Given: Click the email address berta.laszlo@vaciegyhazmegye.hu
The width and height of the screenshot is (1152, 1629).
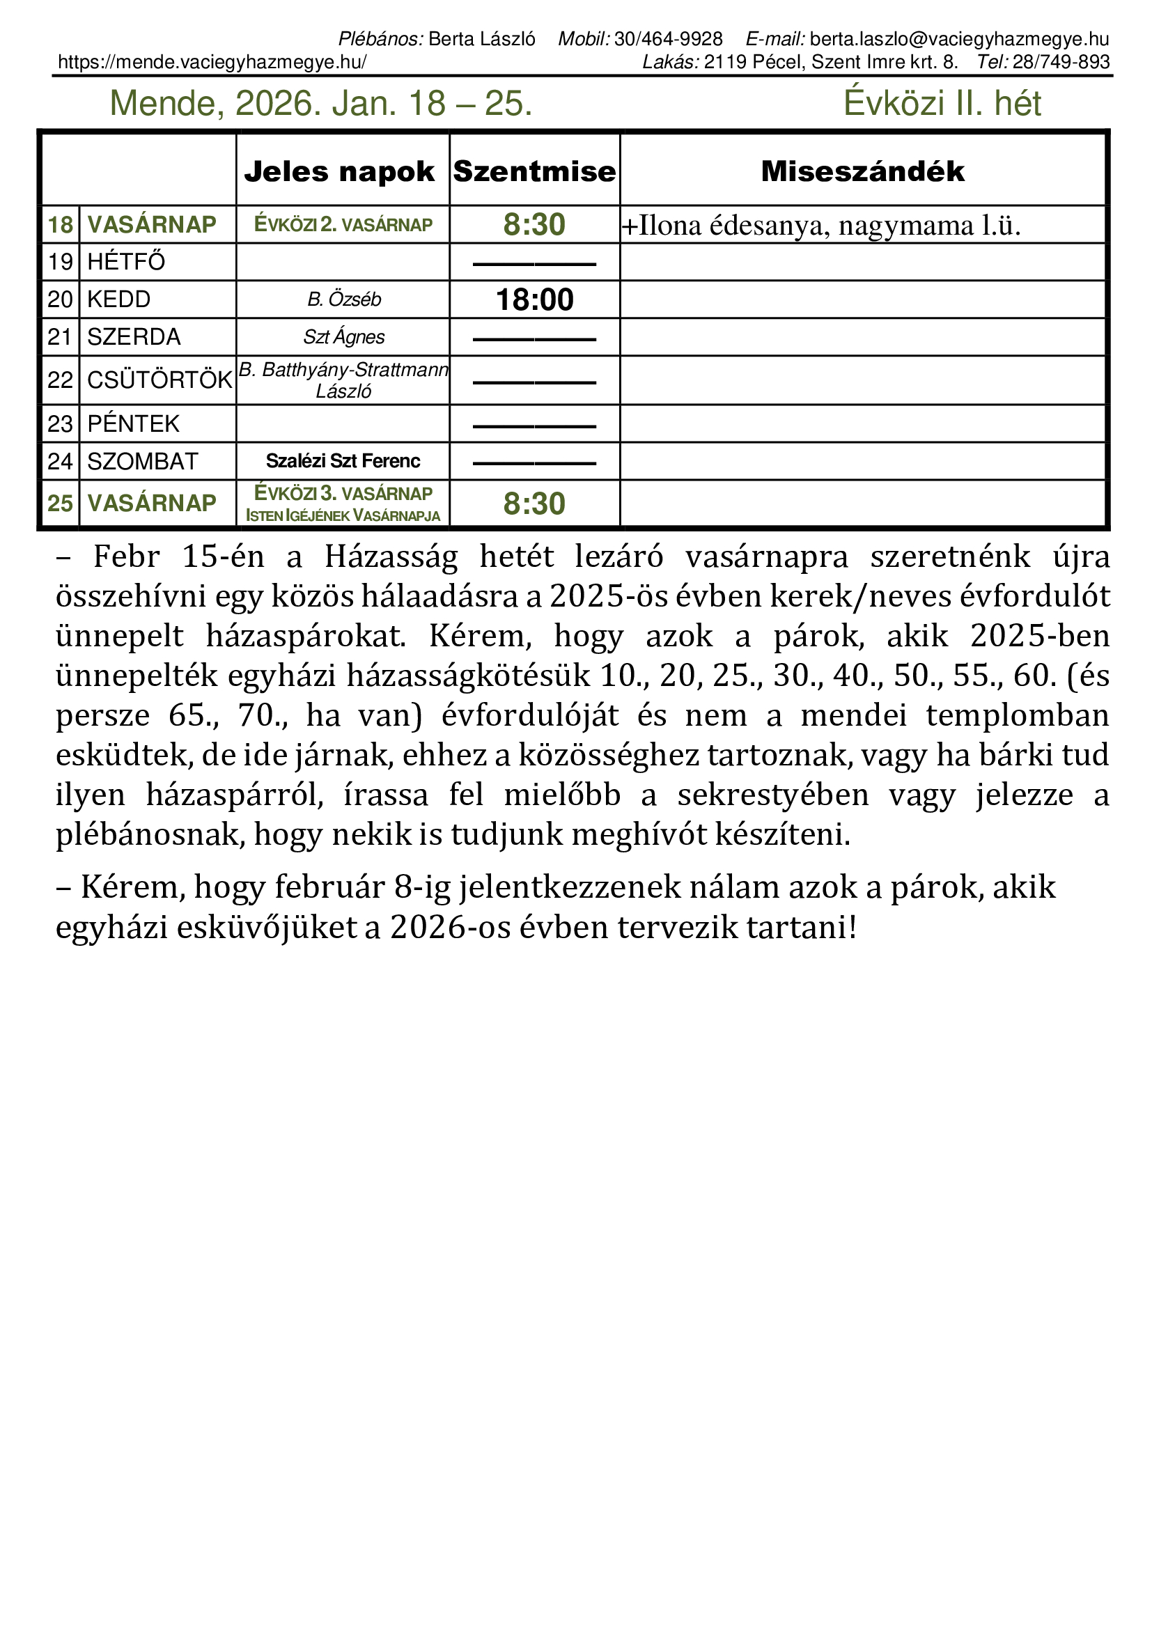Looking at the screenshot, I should coord(959,39).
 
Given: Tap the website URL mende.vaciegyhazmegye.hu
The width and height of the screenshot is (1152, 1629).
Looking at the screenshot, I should coord(212,63).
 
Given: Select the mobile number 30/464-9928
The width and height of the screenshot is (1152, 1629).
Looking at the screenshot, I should coord(668,39).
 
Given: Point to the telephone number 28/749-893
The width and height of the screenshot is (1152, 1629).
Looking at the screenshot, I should coord(1061,63).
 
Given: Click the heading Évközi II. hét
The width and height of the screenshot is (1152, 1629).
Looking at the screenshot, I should coord(942,104).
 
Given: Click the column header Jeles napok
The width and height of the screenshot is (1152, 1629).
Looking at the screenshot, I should coord(339,172).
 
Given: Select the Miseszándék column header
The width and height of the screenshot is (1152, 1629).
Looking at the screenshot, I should coord(862,172).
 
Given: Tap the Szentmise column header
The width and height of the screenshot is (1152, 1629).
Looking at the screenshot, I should coord(534,172).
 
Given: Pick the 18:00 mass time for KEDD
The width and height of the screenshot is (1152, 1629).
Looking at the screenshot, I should coord(534,300).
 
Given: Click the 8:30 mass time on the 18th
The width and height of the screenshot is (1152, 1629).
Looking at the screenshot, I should coord(534,225).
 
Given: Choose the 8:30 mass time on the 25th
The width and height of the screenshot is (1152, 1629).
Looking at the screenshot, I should coord(534,504).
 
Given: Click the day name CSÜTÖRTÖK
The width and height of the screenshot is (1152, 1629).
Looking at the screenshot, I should coord(159,380).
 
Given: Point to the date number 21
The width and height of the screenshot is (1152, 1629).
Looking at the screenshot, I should coord(61,337).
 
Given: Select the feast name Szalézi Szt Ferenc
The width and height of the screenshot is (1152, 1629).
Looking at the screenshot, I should coord(343,461).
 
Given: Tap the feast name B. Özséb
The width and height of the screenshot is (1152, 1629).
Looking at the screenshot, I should coord(344,299).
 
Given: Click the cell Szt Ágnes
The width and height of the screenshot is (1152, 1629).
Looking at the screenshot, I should coord(344,337).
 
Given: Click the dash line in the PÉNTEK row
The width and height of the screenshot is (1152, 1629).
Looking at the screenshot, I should coord(534,426).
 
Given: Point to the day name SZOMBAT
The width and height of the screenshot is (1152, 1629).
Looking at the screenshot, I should coord(143,462).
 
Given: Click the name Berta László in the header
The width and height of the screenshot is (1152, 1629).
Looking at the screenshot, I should coord(482,39).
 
